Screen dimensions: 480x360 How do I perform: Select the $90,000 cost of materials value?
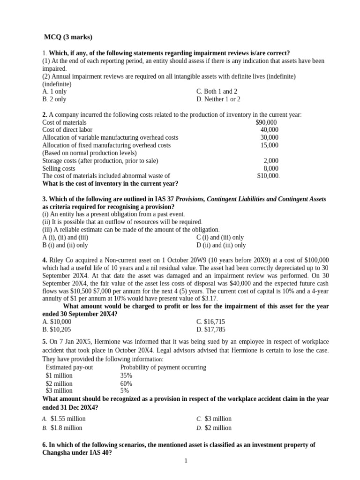click(x=266, y=122)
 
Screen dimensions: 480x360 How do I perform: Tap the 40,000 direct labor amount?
click(x=269, y=129)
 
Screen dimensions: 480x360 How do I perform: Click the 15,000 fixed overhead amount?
click(x=269, y=145)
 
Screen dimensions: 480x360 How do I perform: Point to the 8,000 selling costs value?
click(x=271, y=168)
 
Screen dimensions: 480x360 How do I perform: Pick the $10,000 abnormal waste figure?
click(x=268, y=176)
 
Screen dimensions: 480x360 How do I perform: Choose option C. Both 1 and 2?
click(x=217, y=91)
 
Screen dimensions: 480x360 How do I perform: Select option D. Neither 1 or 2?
click(x=218, y=99)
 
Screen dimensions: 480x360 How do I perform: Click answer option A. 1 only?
click(x=54, y=91)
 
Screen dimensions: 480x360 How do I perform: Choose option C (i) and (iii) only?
click(x=220, y=237)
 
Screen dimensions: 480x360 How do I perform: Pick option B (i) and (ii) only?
click(x=65, y=245)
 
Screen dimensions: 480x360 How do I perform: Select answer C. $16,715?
click(x=212, y=322)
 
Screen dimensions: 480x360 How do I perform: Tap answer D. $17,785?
click(x=212, y=330)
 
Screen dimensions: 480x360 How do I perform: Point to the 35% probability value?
click(x=126, y=375)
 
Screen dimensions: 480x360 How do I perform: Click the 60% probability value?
click(x=126, y=383)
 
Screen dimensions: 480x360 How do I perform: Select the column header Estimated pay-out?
click(x=69, y=367)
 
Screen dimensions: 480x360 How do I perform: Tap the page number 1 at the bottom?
click(x=186, y=461)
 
